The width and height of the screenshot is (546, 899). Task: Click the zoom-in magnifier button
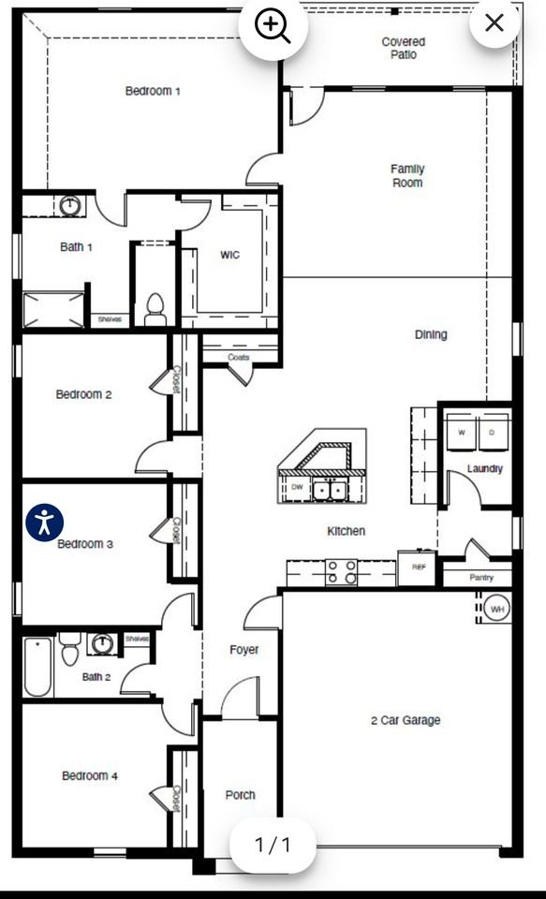pyautogui.click(x=273, y=26)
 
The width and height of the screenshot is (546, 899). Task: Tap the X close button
pyautogui.click(x=494, y=23)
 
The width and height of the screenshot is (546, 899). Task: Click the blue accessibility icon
pyautogui.click(x=44, y=522)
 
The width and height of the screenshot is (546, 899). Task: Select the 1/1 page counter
pyautogui.click(x=273, y=845)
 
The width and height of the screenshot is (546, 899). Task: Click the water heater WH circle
pyautogui.click(x=496, y=610)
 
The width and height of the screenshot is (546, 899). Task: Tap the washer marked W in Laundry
pyautogui.click(x=461, y=434)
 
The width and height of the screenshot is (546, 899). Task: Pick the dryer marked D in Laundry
pyautogui.click(x=493, y=434)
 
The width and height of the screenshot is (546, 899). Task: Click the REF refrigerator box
pyautogui.click(x=417, y=567)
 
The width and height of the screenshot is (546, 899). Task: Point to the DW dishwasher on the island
pyautogui.click(x=297, y=488)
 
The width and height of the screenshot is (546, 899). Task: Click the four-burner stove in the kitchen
pyautogui.click(x=341, y=570)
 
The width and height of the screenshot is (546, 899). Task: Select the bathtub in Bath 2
pyautogui.click(x=37, y=666)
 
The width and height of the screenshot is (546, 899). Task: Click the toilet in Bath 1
pyautogui.click(x=155, y=309)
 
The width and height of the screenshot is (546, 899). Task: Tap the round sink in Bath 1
pyautogui.click(x=71, y=204)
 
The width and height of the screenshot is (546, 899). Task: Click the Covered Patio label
pyautogui.click(x=404, y=49)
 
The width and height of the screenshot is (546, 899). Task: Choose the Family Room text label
pyautogui.click(x=407, y=176)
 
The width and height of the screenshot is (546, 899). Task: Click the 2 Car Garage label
pyautogui.click(x=406, y=720)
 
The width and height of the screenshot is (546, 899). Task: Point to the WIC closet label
pyautogui.click(x=229, y=255)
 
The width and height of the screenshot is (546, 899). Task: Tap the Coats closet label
pyautogui.click(x=238, y=357)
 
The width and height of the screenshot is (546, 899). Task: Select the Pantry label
pyautogui.click(x=481, y=578)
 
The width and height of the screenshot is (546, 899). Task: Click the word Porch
pyautogui.click(x=241, y=795)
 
